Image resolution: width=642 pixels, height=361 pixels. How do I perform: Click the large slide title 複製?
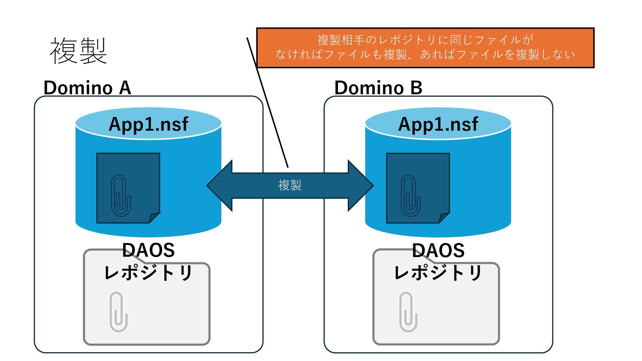point(78,51)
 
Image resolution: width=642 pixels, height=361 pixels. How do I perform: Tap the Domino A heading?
point(87,88)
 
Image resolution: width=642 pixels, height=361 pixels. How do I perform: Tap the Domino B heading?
point(378,88)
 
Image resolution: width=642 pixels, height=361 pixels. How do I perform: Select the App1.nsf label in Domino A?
point(148,124)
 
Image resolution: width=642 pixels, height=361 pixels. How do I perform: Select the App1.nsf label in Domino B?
point(438,124)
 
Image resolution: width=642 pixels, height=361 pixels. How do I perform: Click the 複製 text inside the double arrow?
point(290,185)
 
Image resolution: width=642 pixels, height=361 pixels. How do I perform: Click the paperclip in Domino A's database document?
point(120,195)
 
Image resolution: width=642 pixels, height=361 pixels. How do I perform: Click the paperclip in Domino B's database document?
point(410,195)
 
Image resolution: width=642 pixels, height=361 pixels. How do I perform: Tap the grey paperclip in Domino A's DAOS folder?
point(119,312)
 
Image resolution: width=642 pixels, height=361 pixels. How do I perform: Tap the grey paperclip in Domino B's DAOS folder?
point(408,312)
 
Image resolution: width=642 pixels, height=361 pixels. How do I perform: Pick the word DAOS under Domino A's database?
point(148,250)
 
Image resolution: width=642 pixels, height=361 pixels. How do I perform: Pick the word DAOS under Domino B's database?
point(438,250)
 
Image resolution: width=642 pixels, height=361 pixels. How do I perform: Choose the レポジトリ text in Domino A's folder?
point(148,272)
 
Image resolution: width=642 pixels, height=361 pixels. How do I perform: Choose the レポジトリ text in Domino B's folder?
point(438,272)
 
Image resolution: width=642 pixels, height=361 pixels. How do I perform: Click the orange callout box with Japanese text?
point(425,48)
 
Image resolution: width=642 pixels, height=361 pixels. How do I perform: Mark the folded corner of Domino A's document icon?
point(154,218)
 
